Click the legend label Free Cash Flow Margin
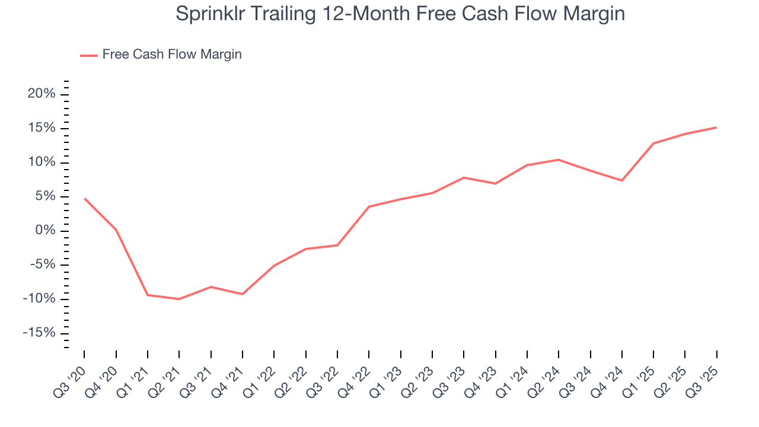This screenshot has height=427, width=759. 171,55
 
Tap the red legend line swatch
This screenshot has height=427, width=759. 89,56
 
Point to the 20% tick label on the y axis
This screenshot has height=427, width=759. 42,94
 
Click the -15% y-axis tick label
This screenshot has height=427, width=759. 39,333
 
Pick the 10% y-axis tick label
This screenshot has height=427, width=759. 42,162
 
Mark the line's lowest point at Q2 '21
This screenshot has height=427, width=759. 179,299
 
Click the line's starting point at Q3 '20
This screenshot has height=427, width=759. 84,198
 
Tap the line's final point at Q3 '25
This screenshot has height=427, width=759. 716,128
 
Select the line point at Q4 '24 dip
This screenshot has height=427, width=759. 621,180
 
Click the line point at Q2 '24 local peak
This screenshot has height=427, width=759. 559,160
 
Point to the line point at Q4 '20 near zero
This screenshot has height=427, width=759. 116,230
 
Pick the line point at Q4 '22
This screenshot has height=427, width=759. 369,206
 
